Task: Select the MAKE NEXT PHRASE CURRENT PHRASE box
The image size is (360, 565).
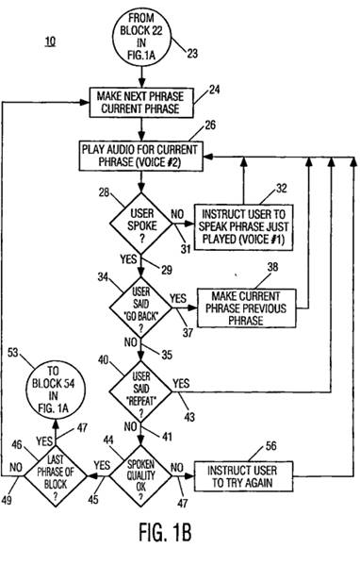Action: point(141,103)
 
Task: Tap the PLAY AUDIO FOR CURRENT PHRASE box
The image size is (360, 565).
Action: point(141,156)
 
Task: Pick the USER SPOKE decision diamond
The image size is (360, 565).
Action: point(141,224)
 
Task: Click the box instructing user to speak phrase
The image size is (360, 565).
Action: point(244,227)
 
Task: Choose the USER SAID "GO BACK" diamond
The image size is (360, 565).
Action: point(140,307)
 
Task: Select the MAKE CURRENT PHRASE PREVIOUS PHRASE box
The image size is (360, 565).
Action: point(247,308)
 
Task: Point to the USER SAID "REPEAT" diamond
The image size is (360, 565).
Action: point(140,391)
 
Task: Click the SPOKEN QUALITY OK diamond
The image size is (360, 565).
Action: point(140,476)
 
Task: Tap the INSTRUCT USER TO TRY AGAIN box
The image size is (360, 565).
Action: point(243,476)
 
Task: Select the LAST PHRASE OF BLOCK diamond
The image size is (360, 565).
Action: point(56,476)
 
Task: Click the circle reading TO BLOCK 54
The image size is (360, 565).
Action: point(56,391)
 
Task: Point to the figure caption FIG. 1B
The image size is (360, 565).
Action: point(165,531)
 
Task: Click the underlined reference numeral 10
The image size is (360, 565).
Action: point(50,42)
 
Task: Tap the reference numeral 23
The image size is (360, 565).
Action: point(192,54)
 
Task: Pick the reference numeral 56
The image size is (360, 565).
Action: point(270,446)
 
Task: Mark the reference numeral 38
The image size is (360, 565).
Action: point(272,267)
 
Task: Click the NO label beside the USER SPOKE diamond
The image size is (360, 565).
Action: point(177,214)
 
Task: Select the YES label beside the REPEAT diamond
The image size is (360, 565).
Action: point(181,383)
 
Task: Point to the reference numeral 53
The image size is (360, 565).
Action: point(12,353)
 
